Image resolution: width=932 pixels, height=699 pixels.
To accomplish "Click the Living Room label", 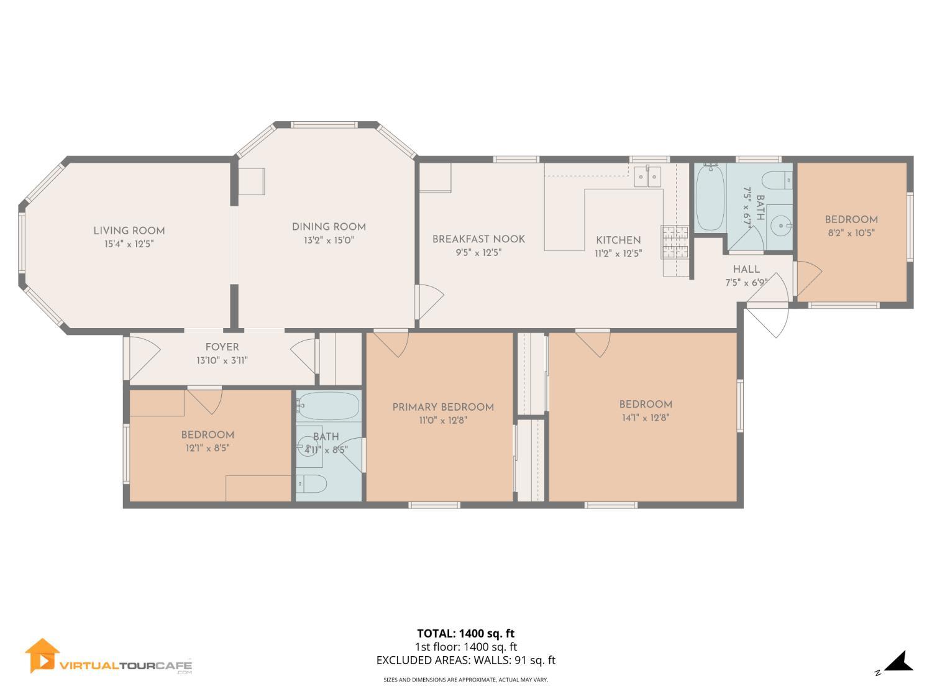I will coord(129,231).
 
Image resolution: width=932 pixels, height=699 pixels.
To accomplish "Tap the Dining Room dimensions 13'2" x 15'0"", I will coord(329,240).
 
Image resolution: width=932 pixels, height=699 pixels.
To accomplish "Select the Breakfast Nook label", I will coord(478,239).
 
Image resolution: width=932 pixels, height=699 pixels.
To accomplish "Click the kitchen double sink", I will coord(647,176).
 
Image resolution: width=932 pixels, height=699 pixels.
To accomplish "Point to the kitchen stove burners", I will coord(675,242).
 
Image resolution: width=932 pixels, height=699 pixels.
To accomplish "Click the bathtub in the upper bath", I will coord(710,198).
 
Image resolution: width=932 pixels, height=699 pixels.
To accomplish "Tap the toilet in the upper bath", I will coord(777,181).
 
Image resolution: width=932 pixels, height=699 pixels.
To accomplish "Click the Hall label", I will coord(746,270).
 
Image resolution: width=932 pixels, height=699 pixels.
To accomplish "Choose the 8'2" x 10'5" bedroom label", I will coord(851,233).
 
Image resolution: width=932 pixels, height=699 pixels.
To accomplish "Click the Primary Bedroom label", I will coord(443,408).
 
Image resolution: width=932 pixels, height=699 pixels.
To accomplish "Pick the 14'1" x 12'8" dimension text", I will coord(646,418).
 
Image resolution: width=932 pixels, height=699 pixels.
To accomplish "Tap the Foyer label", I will coord(222,347).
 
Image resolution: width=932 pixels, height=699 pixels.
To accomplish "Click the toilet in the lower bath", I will coord(311,483).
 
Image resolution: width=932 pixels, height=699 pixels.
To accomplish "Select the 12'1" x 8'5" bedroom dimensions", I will coord(208,448).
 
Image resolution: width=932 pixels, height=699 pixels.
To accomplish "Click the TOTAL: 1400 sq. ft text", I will coord(465,634).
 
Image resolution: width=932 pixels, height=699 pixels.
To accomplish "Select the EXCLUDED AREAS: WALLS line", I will coord(465,660).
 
